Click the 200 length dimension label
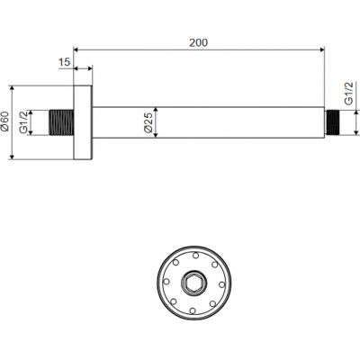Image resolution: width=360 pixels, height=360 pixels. point(198,42)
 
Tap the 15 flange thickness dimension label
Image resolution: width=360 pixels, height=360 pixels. point(64,62)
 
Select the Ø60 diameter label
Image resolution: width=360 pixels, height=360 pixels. point(4,121)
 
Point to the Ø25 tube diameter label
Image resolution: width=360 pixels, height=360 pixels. point(148,122)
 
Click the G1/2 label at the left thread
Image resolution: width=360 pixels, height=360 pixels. point(23,122)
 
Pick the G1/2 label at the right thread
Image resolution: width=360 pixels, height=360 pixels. point(348,94)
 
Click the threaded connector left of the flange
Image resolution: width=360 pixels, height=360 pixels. point(61,121)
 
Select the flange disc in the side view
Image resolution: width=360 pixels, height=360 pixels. point(83,122)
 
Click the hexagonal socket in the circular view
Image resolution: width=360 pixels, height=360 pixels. point(193,283)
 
